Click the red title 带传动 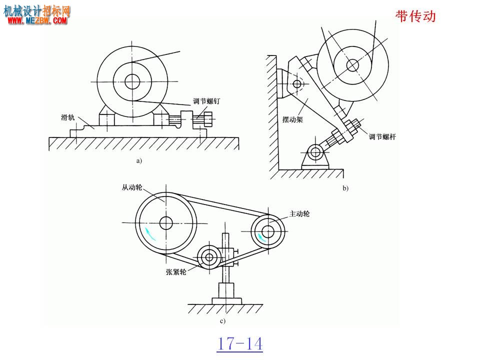415,16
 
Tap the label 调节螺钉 206,101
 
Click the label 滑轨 67,117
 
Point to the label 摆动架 292,119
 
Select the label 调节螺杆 382,136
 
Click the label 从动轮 132,187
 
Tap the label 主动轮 299,213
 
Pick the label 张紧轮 176,272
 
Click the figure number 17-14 240,344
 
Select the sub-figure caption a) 139,160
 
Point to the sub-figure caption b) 345,188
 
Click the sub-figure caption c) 222,321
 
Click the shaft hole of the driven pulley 166,223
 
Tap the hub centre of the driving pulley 268,231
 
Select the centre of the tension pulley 209,257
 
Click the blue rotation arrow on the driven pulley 149,233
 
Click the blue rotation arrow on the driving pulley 261,237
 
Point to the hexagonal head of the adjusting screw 208,119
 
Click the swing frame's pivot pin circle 297,83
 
